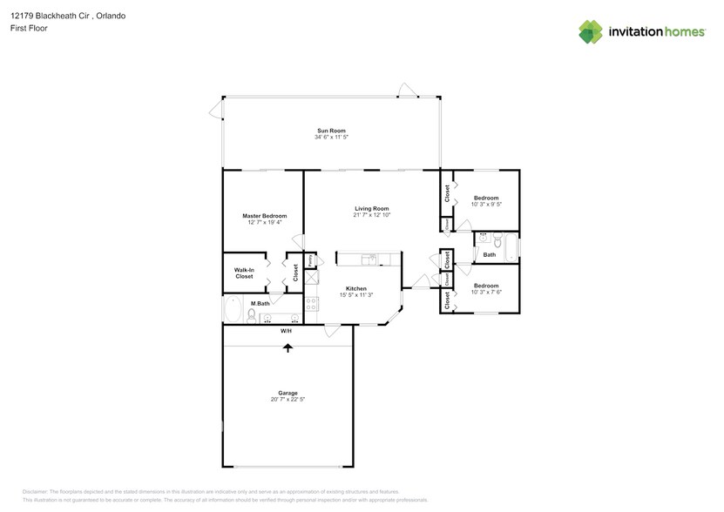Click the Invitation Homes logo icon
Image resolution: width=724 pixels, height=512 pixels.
tap(591, 31)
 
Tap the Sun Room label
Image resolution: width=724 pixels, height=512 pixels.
tap(325, 131)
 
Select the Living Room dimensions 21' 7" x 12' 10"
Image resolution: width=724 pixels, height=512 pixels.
tap(372, 215)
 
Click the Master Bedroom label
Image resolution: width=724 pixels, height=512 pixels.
tap(264, 215)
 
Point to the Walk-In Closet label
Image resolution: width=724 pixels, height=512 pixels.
tap(244, 273)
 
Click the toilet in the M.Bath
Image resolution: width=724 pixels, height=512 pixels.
tap(251, 315)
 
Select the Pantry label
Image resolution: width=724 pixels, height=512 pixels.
tap(310, 260)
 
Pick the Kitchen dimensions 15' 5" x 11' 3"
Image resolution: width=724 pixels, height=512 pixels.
tap(355, 295)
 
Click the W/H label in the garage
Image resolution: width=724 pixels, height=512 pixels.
tap(286, 332)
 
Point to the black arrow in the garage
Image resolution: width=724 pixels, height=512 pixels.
tap(287, 347)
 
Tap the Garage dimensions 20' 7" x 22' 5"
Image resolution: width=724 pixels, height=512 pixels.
tap(287, 400)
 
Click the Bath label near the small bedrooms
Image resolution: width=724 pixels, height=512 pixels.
tap(490, 255)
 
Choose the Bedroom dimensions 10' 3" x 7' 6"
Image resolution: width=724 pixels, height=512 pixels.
tap(486, 292)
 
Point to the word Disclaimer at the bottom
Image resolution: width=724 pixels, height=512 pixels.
tap(36, 492)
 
